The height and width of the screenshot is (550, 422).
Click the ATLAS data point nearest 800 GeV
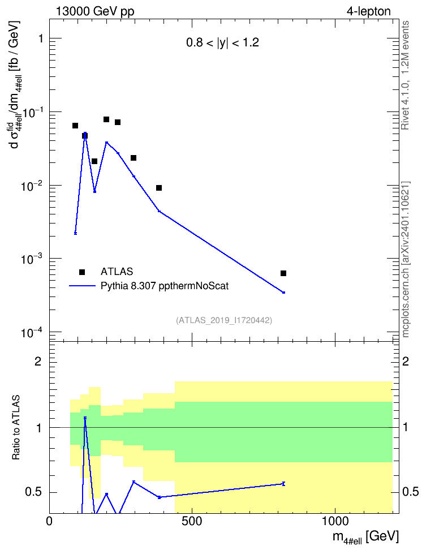tap(283, 273)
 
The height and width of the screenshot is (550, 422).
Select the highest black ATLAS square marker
tap(106, 119)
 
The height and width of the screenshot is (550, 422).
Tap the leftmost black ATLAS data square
tap(75, 126)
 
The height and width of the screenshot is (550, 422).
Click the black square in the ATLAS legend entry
tap(82, 272)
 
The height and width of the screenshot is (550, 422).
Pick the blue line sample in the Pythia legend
tap(82, 286)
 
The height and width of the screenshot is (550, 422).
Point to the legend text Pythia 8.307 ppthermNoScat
tap(165, 286)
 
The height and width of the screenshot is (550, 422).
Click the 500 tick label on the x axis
tap(192, 521)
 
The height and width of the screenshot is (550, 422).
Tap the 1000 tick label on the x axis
tap(335, 521)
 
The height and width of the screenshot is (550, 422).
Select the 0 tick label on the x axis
tap(49, 521)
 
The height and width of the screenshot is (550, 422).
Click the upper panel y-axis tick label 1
tap(41, 38)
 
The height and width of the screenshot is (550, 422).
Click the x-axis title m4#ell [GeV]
tap(365, 537)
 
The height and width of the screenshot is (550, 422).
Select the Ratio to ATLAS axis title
tap(16, 427)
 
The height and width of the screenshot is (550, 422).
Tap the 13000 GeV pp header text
tap(95, 11)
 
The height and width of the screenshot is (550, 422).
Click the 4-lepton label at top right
tap(369, 11)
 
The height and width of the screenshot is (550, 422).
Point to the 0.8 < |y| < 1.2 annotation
tap(222, 43)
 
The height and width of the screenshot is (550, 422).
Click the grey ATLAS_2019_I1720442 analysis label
tap(224, 320)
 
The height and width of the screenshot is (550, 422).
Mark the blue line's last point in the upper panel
tap(283, 292)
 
